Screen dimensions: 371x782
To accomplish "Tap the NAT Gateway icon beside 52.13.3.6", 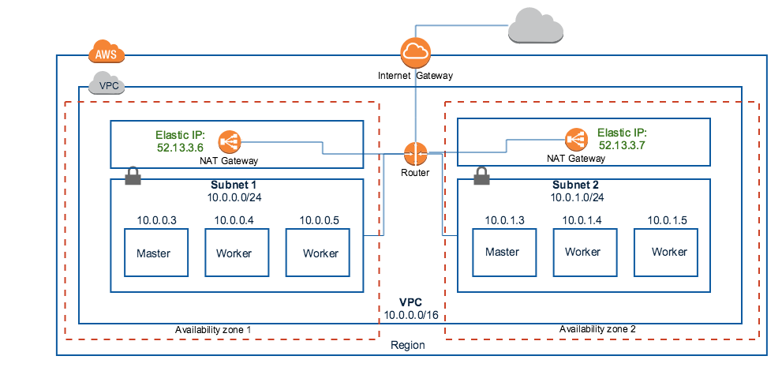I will point(231,141).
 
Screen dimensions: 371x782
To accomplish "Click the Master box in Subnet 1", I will point(153,253).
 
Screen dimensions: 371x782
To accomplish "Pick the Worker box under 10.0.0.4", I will point(234,253).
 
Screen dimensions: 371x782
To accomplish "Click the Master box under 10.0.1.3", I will point(502,252).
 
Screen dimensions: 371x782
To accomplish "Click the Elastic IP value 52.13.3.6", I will point(181,147).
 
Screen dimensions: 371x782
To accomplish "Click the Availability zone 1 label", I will point(212,328).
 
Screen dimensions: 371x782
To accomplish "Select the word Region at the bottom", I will point(408,346).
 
